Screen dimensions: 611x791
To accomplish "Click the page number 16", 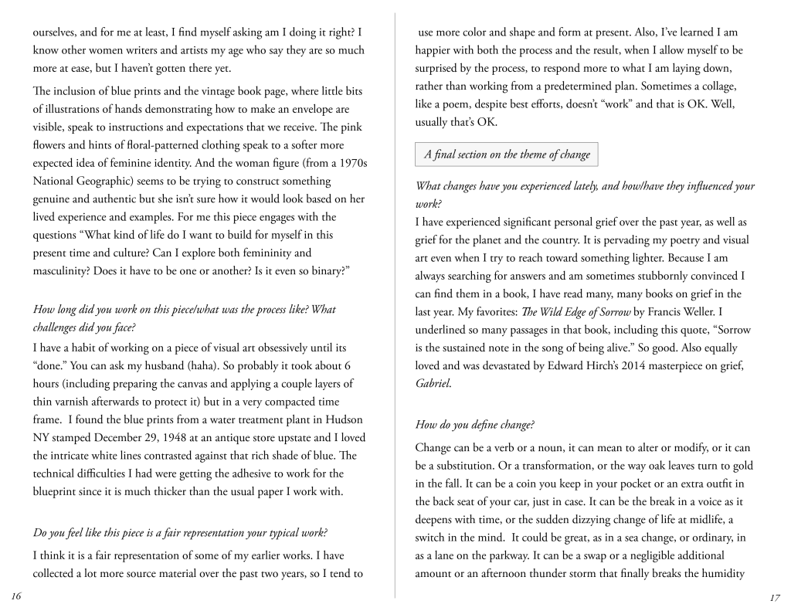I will (16, 596).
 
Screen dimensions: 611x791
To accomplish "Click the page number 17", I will (775, 597).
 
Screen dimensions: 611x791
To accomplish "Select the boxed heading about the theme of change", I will (506, 154).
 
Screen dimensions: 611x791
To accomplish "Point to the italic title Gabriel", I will (433, 383).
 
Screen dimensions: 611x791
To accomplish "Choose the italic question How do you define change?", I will (475, 424).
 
